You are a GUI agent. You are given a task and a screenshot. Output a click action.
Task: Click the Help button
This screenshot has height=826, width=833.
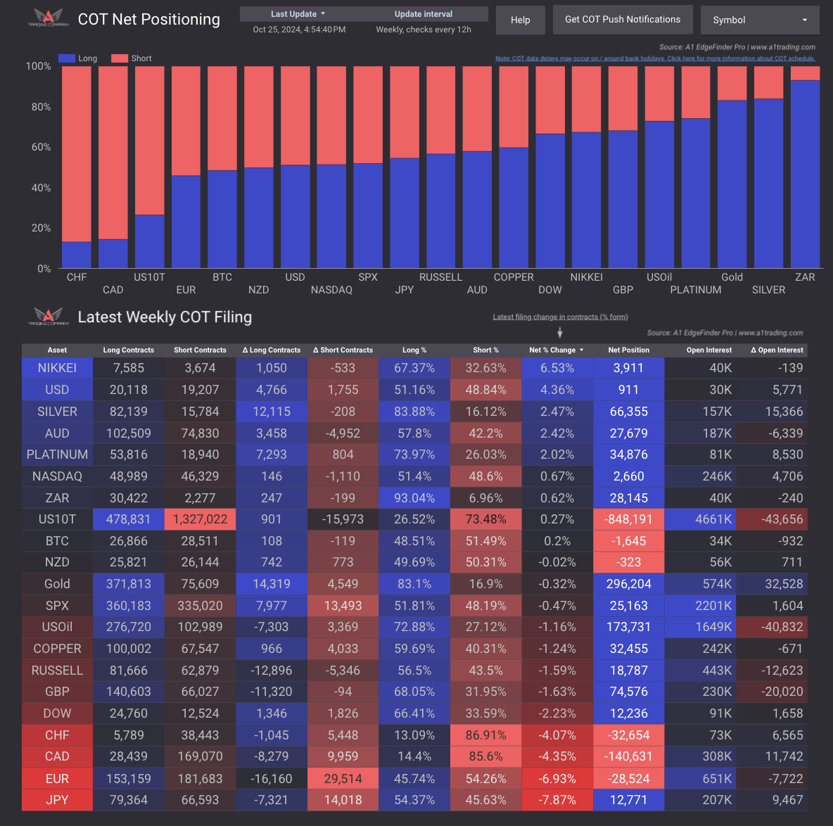520,20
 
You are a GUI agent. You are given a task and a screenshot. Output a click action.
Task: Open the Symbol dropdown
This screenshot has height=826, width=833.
760,20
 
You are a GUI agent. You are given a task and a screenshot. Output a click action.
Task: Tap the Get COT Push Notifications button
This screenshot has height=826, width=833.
623,20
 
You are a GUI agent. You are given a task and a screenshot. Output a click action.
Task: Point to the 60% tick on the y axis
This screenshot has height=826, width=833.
39,147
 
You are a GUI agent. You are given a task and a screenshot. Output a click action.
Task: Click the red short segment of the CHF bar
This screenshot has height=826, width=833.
77,154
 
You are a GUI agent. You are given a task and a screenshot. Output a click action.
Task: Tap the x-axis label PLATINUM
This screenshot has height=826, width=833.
695,290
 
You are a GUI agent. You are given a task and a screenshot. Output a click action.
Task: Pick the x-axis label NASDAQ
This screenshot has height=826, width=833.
331,290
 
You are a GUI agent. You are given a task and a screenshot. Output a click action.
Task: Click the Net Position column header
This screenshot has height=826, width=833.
629,350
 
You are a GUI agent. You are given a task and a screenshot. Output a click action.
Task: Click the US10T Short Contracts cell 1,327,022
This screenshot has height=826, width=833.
200,519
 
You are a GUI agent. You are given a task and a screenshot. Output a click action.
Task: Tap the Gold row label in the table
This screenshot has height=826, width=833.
57,584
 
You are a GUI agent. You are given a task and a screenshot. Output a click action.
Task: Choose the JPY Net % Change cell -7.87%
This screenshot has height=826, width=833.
557,800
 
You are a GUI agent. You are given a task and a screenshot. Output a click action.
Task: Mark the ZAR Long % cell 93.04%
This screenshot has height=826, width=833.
414,498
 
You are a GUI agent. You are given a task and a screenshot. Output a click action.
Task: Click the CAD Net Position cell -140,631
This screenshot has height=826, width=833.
629,756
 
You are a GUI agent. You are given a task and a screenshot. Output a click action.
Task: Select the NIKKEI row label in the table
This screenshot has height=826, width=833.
57,368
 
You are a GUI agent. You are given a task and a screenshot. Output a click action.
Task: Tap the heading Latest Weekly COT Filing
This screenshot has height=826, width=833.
165,317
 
